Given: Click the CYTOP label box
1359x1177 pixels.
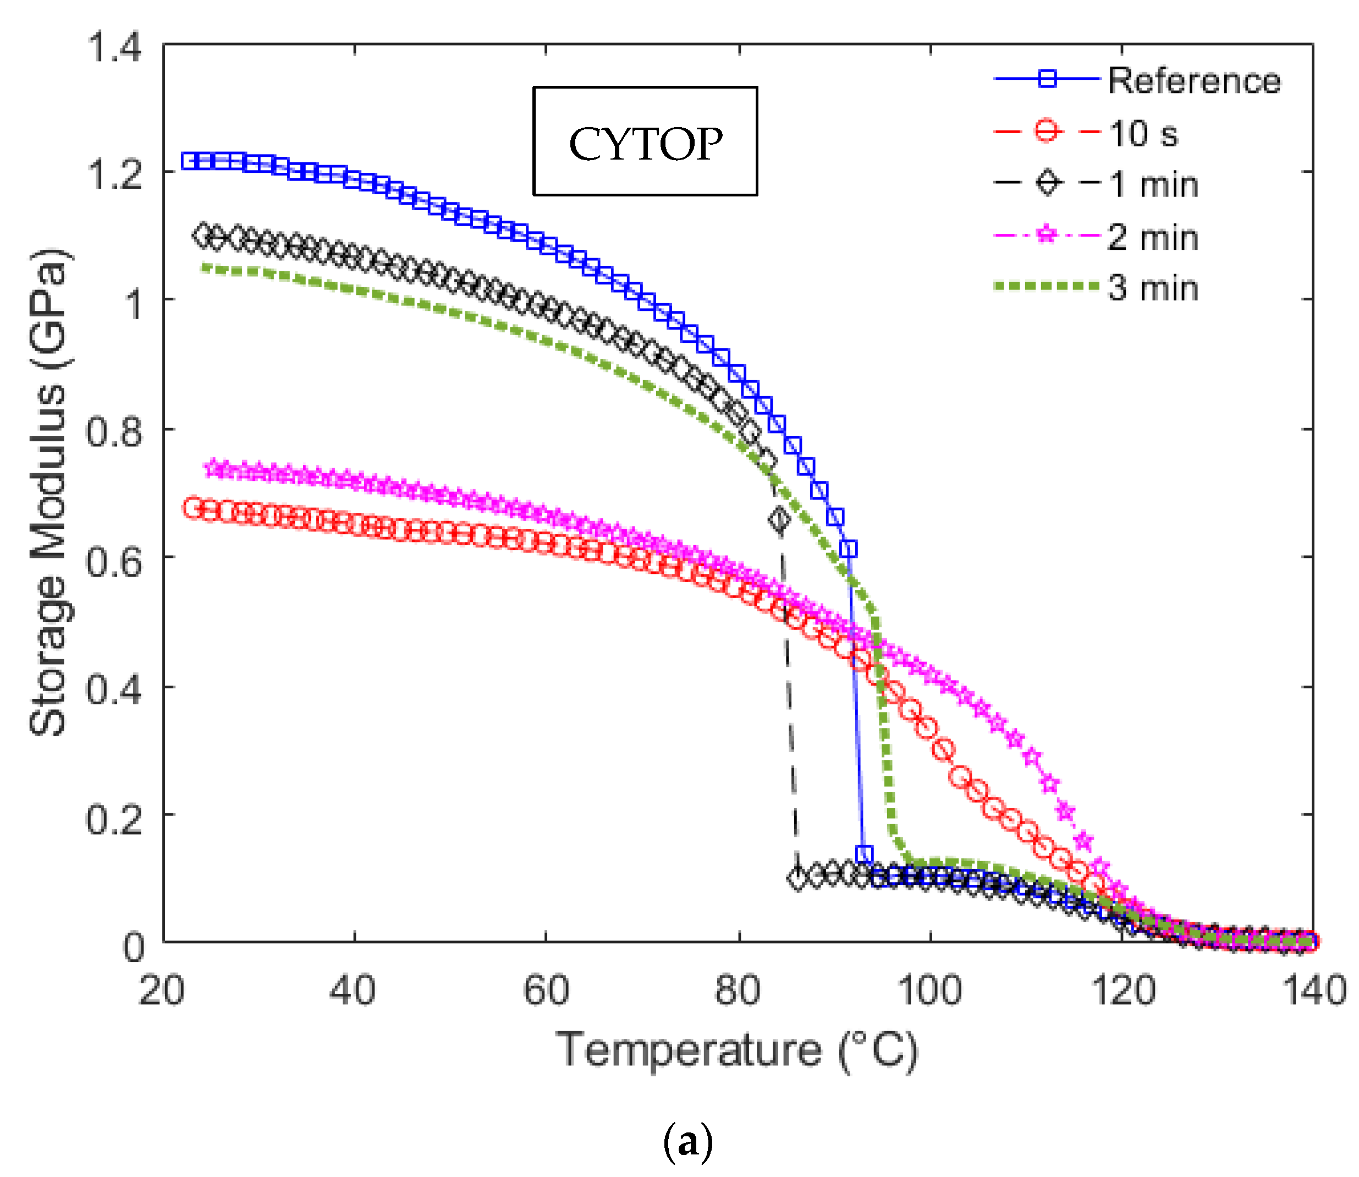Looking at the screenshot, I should (x=645, y=141).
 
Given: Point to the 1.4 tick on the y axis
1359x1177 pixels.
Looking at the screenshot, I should (x=114, y=47).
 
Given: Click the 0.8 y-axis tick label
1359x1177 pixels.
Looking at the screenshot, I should (x=114, y=431).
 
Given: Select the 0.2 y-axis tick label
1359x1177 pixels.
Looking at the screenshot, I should (x=114, y=818).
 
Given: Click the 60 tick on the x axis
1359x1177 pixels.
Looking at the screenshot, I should (x=546, y=990).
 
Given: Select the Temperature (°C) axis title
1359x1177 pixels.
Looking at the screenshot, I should (x=736, y=1050).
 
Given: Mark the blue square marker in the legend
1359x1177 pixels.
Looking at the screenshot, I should (x=1048, y=79).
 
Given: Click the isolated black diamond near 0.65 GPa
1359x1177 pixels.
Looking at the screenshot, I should (x=779, y=519).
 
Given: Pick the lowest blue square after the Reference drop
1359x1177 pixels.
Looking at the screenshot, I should (x=865, y=855).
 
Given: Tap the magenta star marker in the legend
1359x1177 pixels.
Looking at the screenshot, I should (x=1048, y=234).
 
